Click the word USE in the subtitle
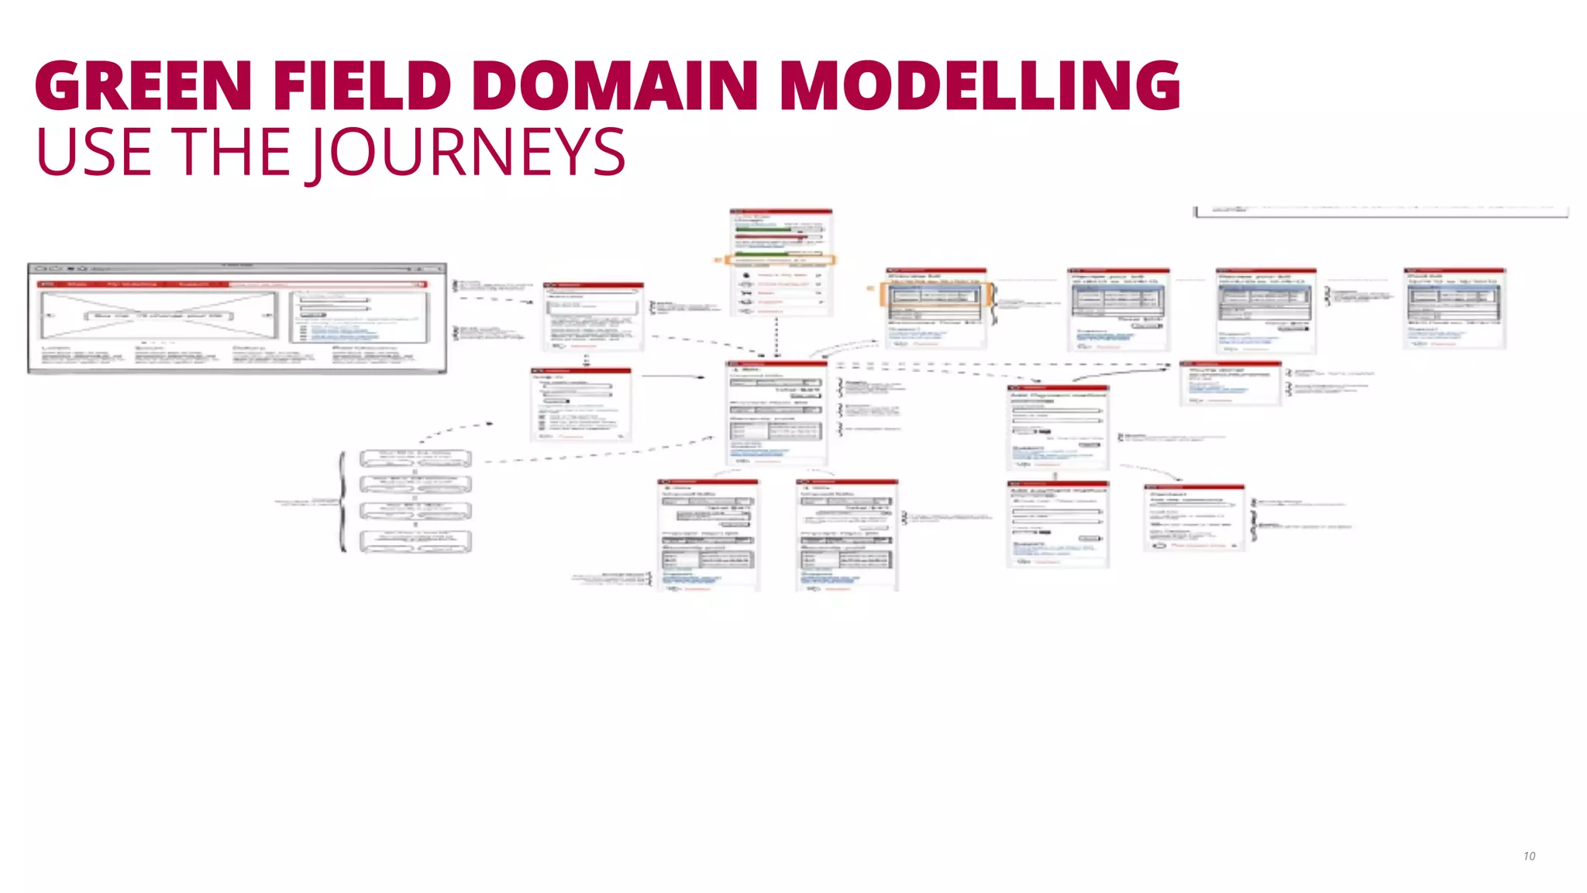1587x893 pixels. pyautogui.click(x=94, y=153)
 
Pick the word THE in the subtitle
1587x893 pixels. pyautogui.click(x=231, y=153)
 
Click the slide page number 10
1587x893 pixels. pyautogui.click(x=1529, y=856)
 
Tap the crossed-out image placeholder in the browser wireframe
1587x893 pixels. pyautogui.click(x=159, y=315)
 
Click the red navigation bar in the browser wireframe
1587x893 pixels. pyautogui.click(x=232, y=284)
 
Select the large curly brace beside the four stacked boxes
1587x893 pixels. pyautogui.click(x=343, y=501)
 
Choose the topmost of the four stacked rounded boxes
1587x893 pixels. pyautogui.click(x=415, y=458)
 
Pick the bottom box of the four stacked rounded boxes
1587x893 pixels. pyautogui.click(x=415, y=541)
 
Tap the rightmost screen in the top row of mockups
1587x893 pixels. pyautogui.click(x=1454, y=309)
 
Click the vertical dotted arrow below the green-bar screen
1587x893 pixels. pyautogui.click(x=776, y=335)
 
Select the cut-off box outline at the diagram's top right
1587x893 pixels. pyautogui.click(x=1381, y=212)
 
